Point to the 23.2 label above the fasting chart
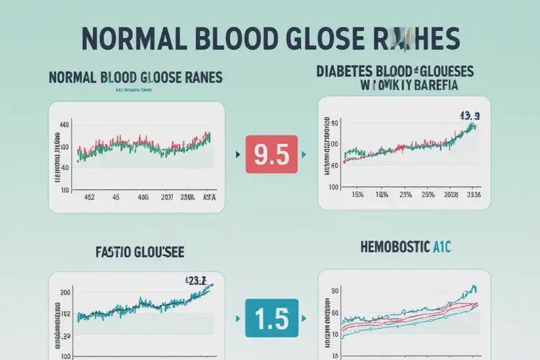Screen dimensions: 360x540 (x=195, y=282)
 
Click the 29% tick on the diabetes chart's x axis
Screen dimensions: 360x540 (x=429, y=194)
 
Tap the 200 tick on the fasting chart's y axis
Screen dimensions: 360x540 (x=66, y=293)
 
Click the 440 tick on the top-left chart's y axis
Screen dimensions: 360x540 (x=64, y=125)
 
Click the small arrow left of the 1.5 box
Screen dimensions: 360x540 (x=237, y=315)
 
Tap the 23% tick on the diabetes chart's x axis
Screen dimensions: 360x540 (x=405, y=194)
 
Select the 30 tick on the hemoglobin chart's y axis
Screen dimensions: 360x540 (x=334, y=292)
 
